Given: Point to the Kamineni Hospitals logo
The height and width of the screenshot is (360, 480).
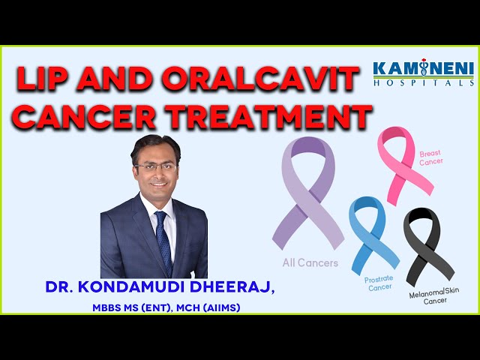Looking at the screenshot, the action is coord(424,72).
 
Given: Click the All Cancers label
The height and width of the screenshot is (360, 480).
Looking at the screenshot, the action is coord(310,262).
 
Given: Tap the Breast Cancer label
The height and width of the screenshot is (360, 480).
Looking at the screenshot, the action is coord(430,157).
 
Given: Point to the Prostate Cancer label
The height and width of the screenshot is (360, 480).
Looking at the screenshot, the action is coord(379,283).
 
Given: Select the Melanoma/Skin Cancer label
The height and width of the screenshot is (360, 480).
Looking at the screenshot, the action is coord(434,296).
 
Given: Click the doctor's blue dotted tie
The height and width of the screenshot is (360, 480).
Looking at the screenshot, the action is coord(164,242).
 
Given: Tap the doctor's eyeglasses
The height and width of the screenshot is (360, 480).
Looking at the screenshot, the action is coord(155,167).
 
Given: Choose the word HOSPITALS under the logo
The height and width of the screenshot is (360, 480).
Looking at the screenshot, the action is coord(424,83).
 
